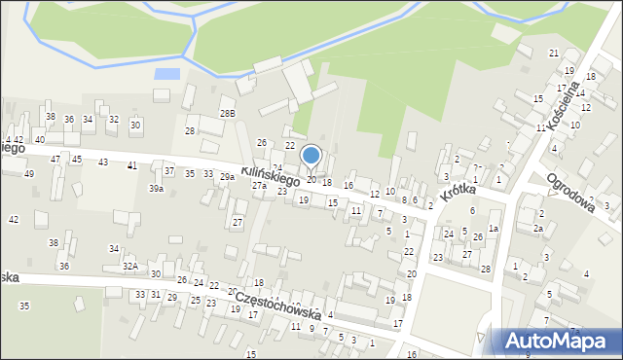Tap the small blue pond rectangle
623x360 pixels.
point(167,73)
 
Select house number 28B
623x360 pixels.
point(227,114)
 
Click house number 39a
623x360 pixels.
point(156,189)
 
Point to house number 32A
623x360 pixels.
point(130,265)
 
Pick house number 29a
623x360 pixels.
point(227,177)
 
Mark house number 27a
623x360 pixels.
point(259,184)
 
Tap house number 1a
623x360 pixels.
point(494,228)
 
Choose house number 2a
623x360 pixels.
point(537,228)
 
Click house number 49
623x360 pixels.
point(28,173)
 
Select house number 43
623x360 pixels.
point(103,162)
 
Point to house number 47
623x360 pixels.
point(55,159)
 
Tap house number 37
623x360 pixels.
point(169,171)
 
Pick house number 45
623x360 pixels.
point(76,159)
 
